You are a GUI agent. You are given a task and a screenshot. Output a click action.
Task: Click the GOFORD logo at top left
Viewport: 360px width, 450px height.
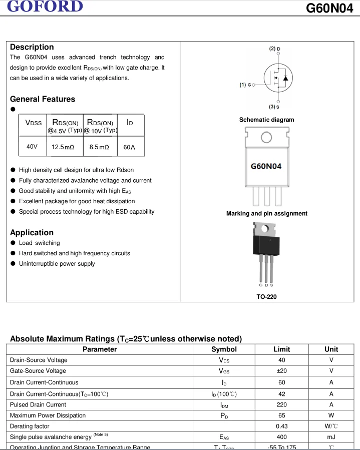click(x=45, y=7)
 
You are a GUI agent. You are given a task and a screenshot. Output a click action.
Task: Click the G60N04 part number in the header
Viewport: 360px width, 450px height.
click(x=329, y=8)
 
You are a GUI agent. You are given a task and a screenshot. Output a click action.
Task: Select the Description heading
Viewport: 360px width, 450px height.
click(x=32, y=47)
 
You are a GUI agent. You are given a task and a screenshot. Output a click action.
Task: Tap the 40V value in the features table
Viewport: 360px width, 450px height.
click(x=32, y=147)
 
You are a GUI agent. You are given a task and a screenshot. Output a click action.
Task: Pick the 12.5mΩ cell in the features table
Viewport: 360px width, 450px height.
click(x=63, y=147)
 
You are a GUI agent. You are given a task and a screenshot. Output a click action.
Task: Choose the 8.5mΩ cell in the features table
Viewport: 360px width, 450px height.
click(x=99, y=147)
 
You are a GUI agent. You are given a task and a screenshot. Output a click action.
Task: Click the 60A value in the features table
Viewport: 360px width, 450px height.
click(x=129, y=147)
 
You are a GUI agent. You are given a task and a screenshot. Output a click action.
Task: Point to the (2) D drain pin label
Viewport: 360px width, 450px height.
click(x=274, y=49)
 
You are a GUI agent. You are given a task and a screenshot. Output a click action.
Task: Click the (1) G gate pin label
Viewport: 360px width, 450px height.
click(x=245, y=85)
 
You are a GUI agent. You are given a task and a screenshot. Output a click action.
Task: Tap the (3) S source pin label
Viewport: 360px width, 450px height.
click(x=274, y=107)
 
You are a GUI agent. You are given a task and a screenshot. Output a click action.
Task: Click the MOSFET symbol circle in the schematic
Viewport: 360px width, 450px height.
click(x=278, y=78)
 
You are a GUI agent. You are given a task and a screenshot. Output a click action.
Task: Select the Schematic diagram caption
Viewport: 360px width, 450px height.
click(x=266, y=120)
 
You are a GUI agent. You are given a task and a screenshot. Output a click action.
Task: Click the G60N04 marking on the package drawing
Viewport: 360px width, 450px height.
click(x=266, y=166)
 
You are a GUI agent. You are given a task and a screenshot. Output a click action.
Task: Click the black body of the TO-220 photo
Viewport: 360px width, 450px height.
click(x=266, y=244)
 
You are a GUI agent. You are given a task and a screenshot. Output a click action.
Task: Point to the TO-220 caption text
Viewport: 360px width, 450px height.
click(x=266, y=297)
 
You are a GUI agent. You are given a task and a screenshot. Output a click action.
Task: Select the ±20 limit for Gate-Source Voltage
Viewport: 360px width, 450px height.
click(x=281, y=371)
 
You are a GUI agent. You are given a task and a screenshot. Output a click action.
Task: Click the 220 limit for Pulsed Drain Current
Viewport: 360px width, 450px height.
click(x=281, y=404)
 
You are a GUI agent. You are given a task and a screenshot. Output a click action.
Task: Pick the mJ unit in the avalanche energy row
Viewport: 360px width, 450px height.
click(x=331, y=437)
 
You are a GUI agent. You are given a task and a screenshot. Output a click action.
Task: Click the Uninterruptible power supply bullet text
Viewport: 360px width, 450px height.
click(x=57, y=264)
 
